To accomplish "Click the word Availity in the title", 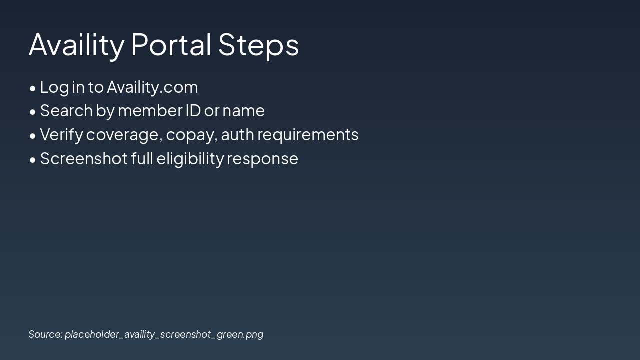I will click(76, 44).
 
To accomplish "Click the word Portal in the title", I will click(171, 44).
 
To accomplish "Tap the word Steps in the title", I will click(258, 44).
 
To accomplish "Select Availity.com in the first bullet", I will click(152, 87).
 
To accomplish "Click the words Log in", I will click(62, 87).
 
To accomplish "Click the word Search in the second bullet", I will click(66, 111).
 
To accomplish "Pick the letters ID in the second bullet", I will click(193, 111).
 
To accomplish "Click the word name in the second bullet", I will click(243, 111).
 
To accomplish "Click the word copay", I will click(192, 135).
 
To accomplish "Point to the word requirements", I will click(308, 135).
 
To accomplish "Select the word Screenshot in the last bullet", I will click(83, 159).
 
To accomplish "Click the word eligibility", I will click(190, 159).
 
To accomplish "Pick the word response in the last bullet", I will click(262, 159).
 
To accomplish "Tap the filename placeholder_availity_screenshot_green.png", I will click(164, 334).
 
